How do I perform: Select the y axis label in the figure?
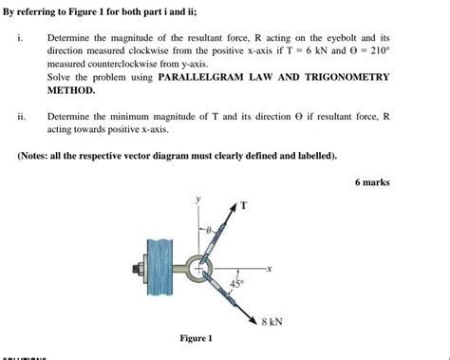pyautogui.click(x=197, y=199)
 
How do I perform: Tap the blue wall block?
pyautogui.click(x=158, y=270)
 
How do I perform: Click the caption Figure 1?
pyautogui.click(x=196, y=339)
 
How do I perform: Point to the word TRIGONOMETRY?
pyautogui.click(x=344, y=76)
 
